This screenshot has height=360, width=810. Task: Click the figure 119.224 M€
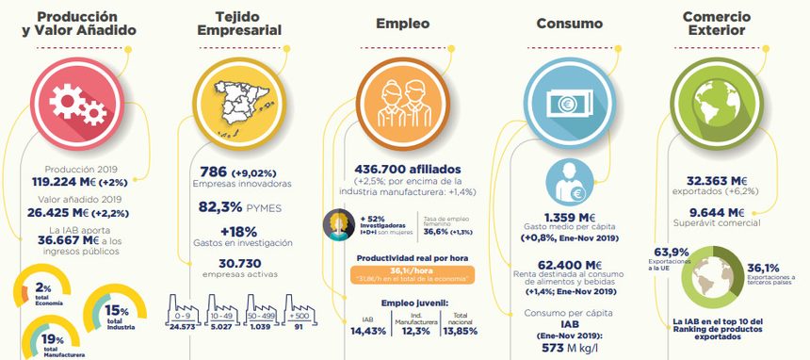click(71, 182)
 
